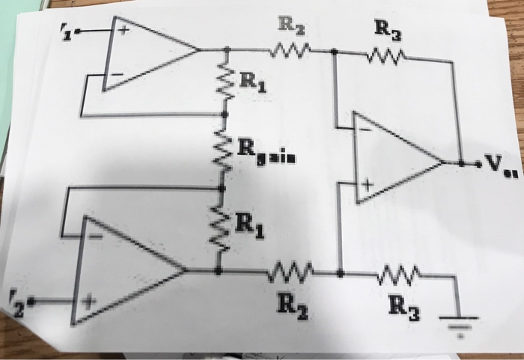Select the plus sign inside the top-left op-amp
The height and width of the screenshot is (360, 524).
tap(118, 31)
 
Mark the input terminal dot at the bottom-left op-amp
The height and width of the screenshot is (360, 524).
tap(36, 302)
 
